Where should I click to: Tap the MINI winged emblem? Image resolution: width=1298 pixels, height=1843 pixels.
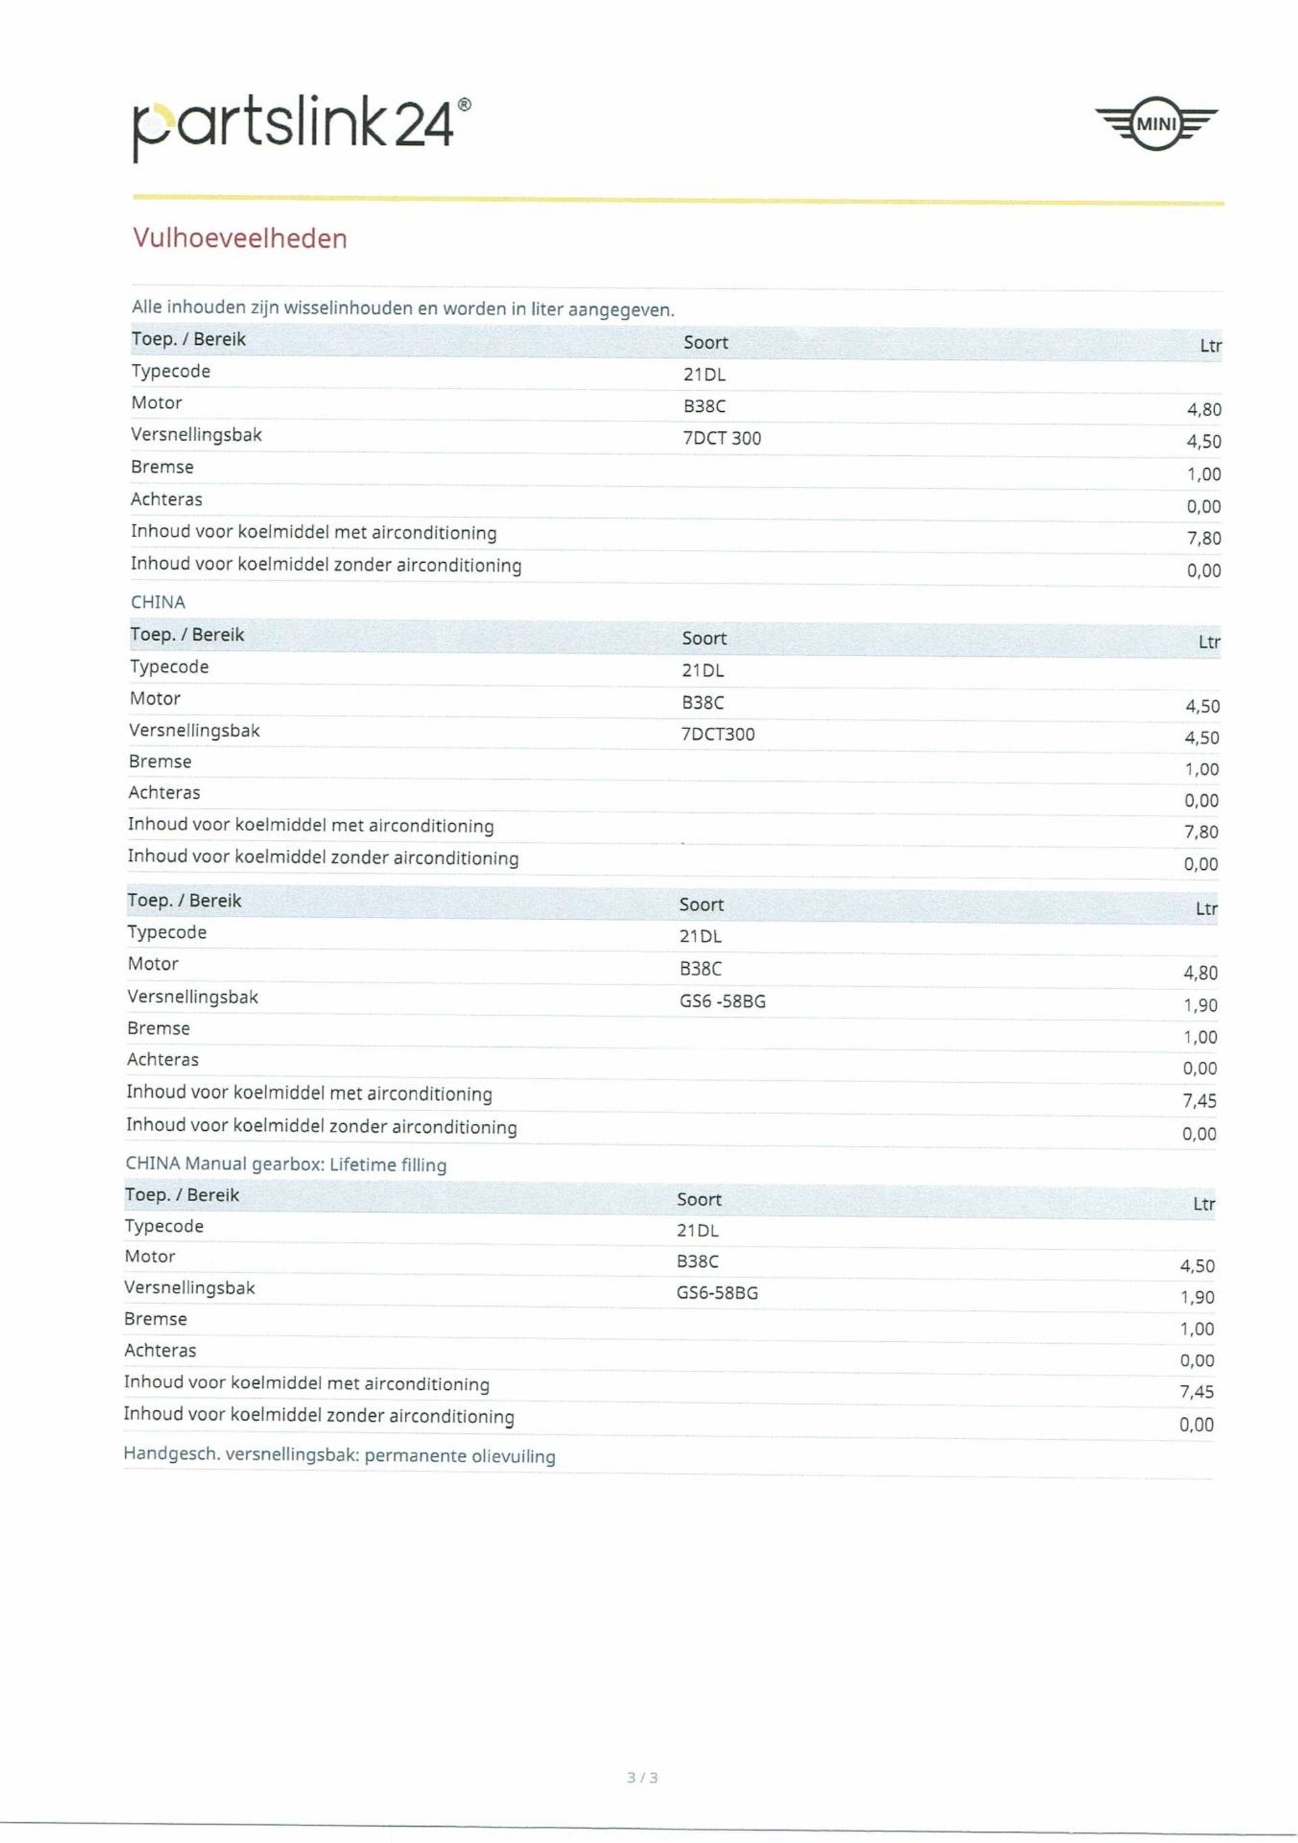pyautogui.click(x=1156, y=124)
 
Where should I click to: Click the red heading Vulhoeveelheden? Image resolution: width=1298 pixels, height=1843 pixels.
pyautogui.click(x=240, y=238)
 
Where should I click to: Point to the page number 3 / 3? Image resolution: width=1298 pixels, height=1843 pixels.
pyautogui.click(x=643, y=1777)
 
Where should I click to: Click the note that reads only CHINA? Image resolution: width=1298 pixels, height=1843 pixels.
pyautogui.click(x=158, y=602)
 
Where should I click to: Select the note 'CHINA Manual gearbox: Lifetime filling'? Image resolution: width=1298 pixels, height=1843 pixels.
pyautogui.click(x=285, y=1164)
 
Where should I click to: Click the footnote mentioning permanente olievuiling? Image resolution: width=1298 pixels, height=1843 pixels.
pyautogui.click(x=339, y=1455)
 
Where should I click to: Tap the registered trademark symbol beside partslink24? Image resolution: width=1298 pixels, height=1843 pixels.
pyautogui.click(x=464, y=105)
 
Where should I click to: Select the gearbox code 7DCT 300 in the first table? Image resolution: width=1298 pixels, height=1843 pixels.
pyautogui.click(x=722, y=438)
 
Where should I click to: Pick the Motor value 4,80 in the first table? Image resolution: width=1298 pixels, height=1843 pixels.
pyautogui.click(x=1203, y=410)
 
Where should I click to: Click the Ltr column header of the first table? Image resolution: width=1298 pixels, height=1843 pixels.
pyautogui.click(x=1209, y=346)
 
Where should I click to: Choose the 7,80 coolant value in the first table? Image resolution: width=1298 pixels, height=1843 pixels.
pyautogui.click(x=1203, y=538)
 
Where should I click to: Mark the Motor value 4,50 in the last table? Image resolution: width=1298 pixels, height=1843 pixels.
pyautogui.click(x=1197, y=1266)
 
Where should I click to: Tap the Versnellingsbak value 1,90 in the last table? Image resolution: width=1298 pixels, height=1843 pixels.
pyautogui.click(x=1197, y=1297)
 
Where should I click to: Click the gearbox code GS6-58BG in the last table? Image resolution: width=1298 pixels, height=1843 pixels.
pyautogui.click(x=717, y=1293)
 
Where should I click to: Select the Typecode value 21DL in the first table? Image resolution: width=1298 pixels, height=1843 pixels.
pyautogui.click(x=704, y=375)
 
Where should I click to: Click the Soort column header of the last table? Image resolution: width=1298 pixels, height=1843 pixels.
pyautogui.click(x=699, y=1199)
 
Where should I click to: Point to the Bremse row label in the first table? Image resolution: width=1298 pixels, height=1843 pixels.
pyautogui.click(x=162, y=467)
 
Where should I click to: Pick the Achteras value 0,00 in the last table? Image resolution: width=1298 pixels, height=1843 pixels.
pyautogui.click(x=1196, y=1361)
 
